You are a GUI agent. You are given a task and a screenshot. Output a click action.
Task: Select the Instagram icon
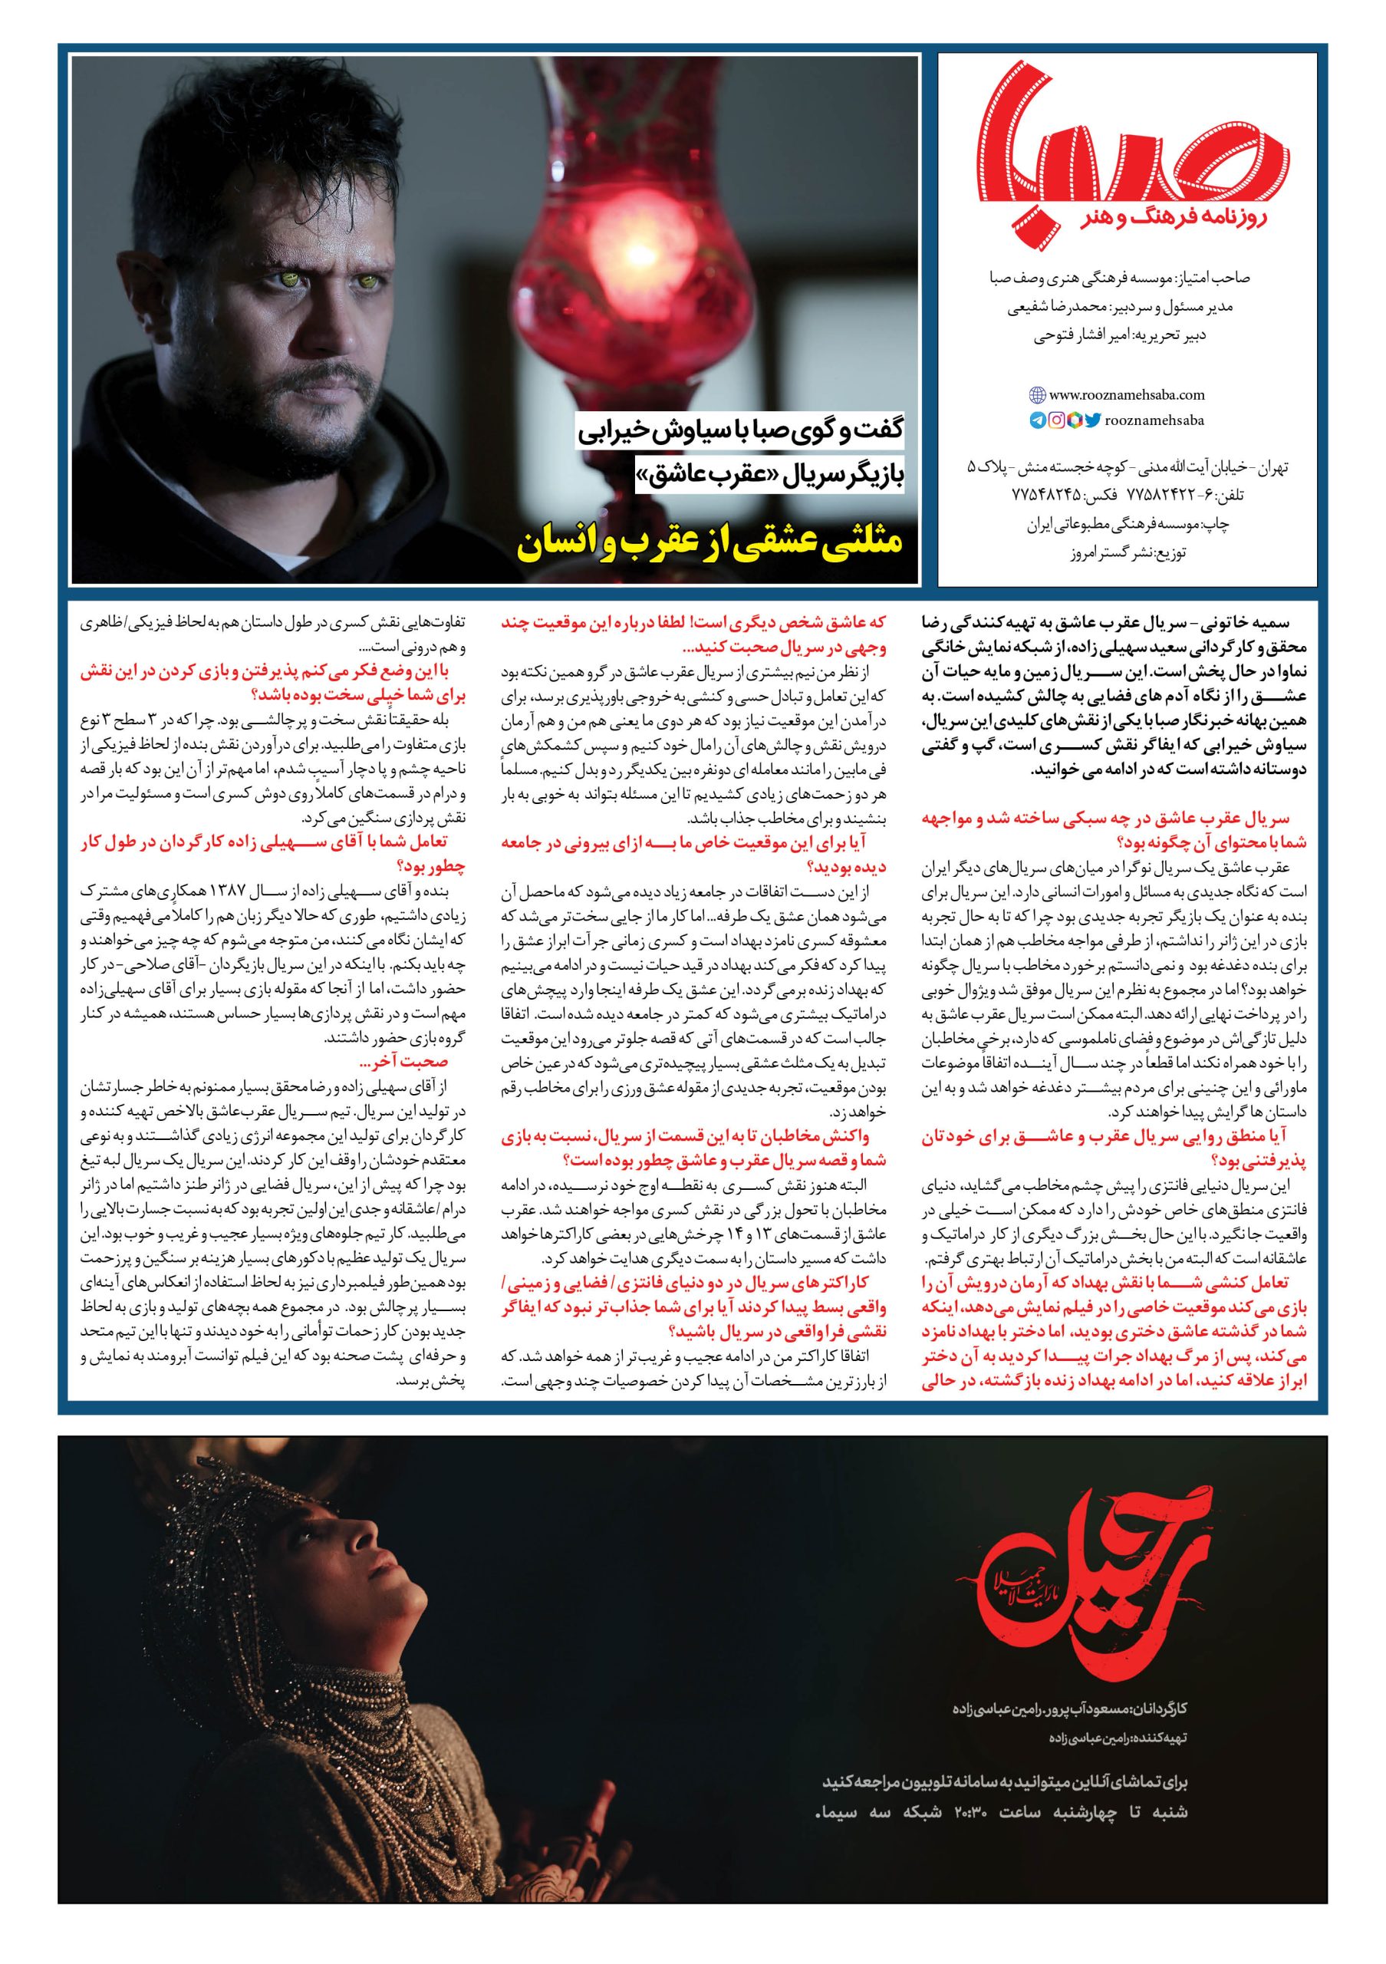point(1057,420)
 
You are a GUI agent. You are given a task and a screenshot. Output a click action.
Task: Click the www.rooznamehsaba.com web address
point(1126,395)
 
